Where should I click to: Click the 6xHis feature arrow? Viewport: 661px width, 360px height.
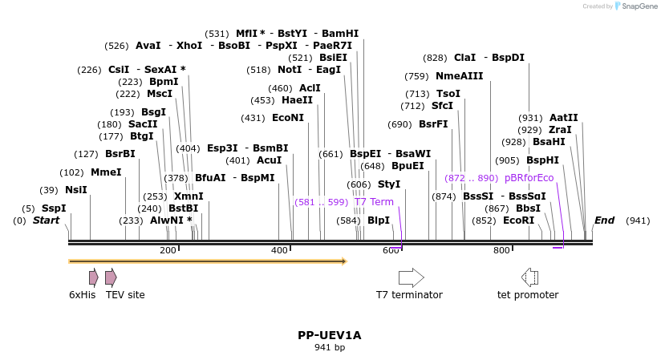coord(93,277)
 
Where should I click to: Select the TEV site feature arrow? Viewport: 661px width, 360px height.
coord(111,277)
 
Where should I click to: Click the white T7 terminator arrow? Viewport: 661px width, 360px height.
coord(411,277)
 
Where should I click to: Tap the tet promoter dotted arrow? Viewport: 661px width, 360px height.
coord(529,277)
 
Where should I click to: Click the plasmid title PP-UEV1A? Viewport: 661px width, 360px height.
coord(330,335)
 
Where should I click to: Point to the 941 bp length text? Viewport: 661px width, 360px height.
coord(330,348)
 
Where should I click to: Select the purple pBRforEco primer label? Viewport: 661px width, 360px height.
coord(529,178)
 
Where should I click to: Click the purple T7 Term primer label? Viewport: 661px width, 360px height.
coord(374,202)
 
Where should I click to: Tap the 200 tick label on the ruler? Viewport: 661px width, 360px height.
coord(168,251)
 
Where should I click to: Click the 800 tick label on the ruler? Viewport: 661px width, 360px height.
coord(501,251)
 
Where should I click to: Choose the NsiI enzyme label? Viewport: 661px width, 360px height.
coord(75,190)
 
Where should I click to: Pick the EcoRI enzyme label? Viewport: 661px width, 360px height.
coord(518,220)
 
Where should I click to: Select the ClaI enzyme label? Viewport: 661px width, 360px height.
coord(464,58)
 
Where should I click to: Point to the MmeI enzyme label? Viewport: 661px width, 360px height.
coord(106,172)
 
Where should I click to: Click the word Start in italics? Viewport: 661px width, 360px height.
coord(46,220)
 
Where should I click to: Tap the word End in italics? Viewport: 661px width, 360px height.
coord(604,220)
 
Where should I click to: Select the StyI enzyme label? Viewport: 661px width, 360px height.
coord(389,184)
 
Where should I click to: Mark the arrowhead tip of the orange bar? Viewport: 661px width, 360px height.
coord(345,261)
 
